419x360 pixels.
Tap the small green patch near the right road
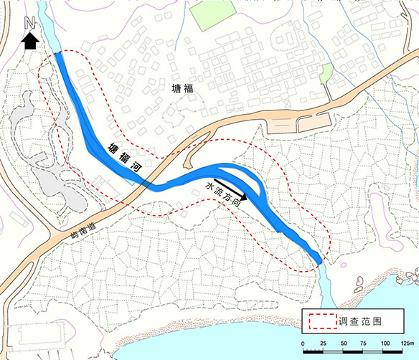pos(326,72)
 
